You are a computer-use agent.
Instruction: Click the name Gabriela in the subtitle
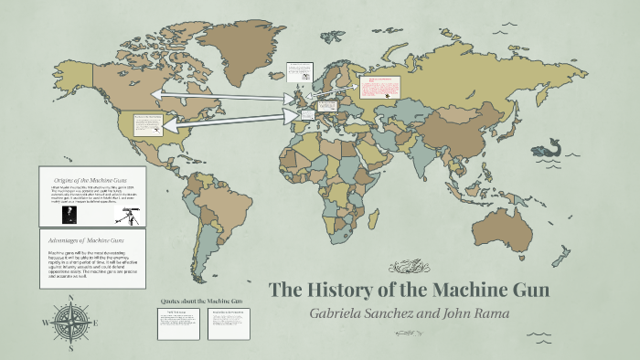[x=344, y=314]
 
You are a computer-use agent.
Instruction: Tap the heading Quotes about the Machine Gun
[x=201, y=301]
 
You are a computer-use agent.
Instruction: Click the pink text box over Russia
[x=380, y=89]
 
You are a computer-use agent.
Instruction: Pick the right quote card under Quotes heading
[x=228, y=323]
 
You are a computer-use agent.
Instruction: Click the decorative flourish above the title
[x=405, y=267]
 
